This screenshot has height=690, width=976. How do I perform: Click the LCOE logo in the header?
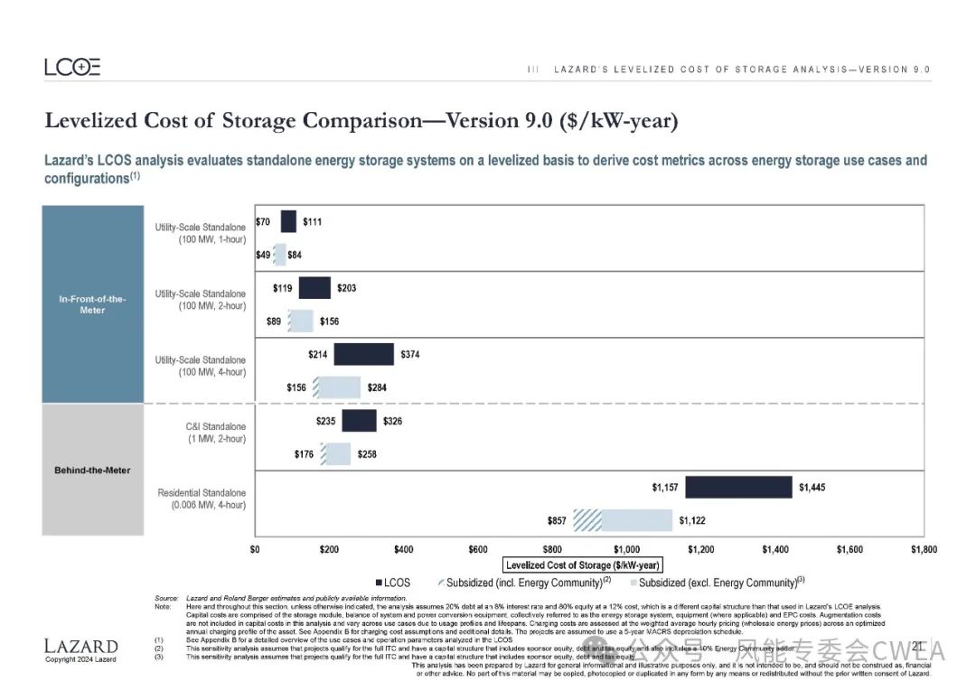click(72, 68)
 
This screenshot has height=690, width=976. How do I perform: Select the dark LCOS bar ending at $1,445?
click(738, 487)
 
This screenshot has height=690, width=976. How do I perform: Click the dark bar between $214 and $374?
click(363, 354)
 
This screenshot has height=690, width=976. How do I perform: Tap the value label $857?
click(557, 520)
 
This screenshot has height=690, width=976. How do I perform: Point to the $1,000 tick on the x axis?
click(626, 549)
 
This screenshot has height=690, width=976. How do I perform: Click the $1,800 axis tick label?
click(923, 549)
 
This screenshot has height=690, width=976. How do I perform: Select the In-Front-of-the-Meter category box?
click(93, 304)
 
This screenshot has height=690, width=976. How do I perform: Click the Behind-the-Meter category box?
click(93, 470)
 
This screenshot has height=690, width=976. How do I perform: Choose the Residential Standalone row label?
click(202, 499)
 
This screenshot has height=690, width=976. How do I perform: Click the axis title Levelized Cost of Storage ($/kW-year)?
click(583, 565)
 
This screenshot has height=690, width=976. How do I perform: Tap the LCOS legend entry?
click(392, 583)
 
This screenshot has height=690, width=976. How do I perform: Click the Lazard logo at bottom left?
click(81, 647)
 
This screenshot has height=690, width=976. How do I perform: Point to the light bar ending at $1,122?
click(637, 520)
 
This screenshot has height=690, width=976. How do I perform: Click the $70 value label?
click(263, 221)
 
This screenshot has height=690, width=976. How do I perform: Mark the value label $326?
click(393, 421)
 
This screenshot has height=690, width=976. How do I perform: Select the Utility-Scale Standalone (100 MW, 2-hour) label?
click(201, 300)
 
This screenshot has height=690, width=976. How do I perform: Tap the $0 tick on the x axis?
click(255, 549)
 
